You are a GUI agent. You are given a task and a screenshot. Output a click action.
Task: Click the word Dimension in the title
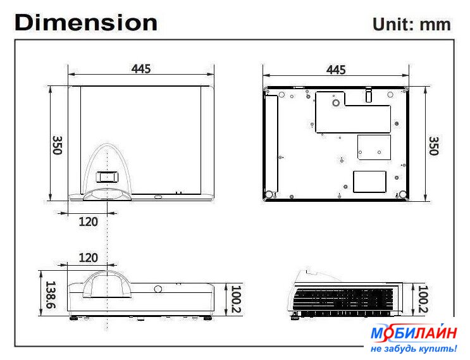coord(86,23)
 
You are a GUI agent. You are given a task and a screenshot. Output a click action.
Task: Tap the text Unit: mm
coord(412,24)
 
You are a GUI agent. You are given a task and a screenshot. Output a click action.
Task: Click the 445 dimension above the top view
coord(141,69)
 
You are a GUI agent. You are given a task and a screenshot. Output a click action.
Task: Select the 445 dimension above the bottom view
coord(336,70)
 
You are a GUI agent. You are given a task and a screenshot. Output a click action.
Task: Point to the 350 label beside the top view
coord(58,146)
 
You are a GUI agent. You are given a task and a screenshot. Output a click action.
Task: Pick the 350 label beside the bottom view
coord(434,146)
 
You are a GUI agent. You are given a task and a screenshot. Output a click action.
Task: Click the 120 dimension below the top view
coord(88,222)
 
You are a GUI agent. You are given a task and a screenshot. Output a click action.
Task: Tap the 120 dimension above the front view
coord(88,258)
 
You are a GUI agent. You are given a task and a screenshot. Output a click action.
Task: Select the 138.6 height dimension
coord(51,295)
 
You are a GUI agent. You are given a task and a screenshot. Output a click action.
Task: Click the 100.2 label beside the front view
coord(236,299)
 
